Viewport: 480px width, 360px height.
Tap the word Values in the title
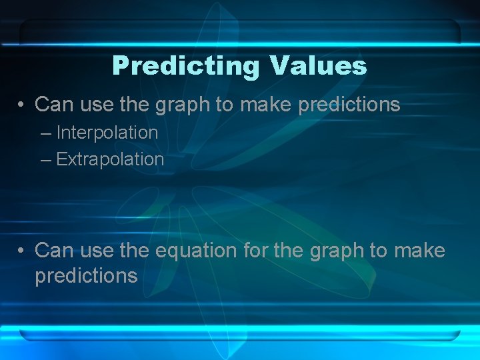pyautogui.click(x=318, y=66)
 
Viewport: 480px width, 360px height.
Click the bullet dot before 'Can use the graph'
pyautogui.click(x=22, y=105)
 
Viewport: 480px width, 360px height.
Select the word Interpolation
pyautogui.click(x=107, y=133)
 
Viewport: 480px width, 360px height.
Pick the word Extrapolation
pyautogui.click(x=110, y=159)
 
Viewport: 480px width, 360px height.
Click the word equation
pyautogui.click(x=196, y=251)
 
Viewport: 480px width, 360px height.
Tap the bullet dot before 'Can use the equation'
pyautogui.click(x=22, y=251)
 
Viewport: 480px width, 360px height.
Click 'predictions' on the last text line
pyautogui.click(x=86, y=276)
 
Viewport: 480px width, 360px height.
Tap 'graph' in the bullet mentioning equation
pyautogui.click(x=337, y=251)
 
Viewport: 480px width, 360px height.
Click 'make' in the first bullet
pyautogui.click(x=268, y=105)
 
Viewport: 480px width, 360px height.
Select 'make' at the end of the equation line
pyautogui.click(x=419, y=251)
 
